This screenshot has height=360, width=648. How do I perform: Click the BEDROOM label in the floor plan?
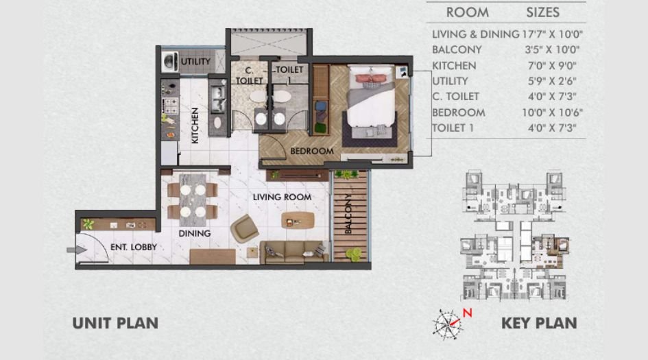(x=311, y=151)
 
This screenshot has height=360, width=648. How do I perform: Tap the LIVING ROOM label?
(x=282, y=197)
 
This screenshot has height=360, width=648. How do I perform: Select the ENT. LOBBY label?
(x=134, y=247)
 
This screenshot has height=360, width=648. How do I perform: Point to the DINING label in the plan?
(x=194, y=233)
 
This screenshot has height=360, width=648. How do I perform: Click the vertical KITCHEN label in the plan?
(x=195, y=125)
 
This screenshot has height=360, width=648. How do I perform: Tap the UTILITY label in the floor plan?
(x=195, y=62)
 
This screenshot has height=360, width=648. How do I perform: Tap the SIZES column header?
(x=542, y=12)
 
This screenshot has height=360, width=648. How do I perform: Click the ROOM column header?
(x=468, y=12)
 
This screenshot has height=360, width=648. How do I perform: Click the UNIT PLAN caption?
(x=115, y=322)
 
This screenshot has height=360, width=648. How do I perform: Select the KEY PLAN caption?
(x=539, y=322)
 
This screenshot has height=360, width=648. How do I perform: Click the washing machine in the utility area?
(x=169, y=62)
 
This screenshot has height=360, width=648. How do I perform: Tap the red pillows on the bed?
(x=371, y=77)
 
